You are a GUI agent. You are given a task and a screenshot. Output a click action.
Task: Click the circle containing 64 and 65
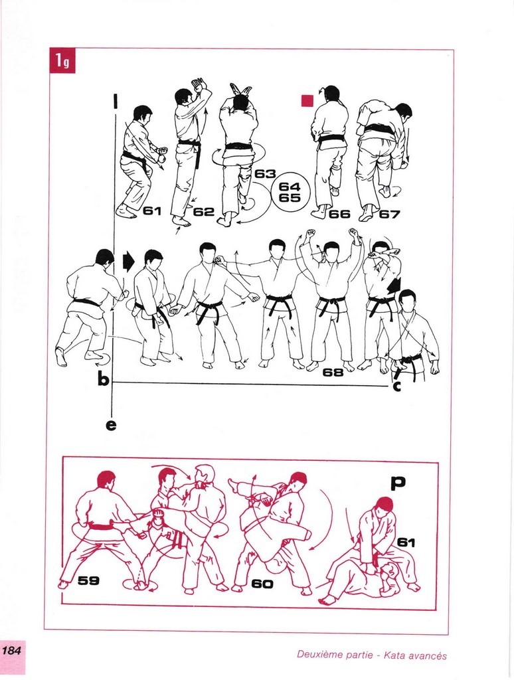290,191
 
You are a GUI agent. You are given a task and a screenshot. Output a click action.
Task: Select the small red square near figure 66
307,100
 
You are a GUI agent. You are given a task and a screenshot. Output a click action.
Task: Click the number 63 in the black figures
265,174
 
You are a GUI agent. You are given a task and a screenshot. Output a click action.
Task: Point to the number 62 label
204,212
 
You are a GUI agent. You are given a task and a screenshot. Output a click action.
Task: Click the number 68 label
333,372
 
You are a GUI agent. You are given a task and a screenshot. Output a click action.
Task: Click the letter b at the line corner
103,379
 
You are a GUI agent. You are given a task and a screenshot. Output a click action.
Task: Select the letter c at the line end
396,386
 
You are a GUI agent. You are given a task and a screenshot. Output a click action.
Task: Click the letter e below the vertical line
111,425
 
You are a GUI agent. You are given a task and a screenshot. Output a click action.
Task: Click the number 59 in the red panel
88,580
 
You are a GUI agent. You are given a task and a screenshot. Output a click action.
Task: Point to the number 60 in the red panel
262,584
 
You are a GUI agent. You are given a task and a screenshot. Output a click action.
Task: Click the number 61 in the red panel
406,542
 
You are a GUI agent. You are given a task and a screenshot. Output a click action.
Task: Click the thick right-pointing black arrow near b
129,262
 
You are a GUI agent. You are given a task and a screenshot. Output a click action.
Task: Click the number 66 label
339,214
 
